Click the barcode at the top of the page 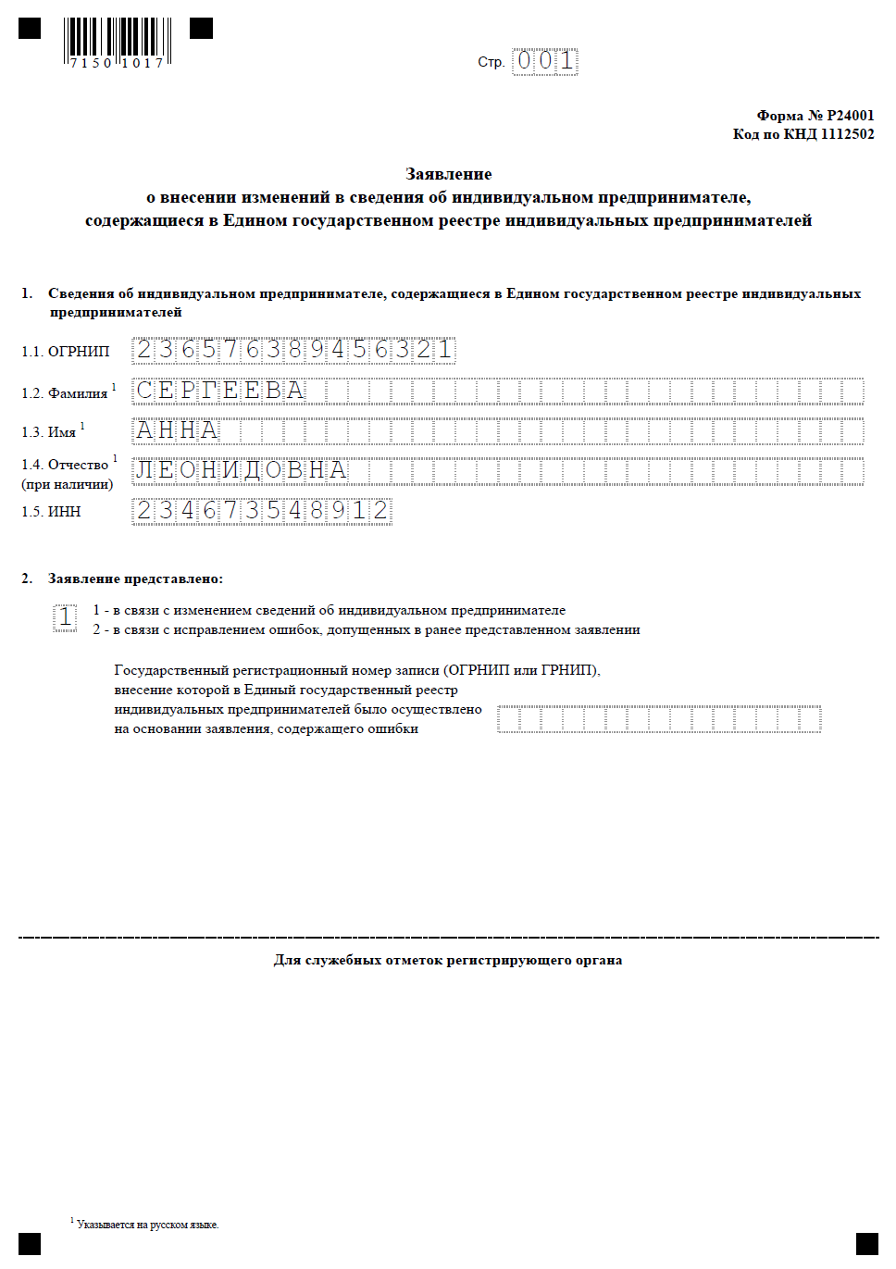[118, 42]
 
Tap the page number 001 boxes [545, 62]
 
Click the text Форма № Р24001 [815, 116]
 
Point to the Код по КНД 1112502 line [803, 134]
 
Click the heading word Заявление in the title [449, 174]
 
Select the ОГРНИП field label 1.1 [66, 352]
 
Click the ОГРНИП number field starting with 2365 [293, 350]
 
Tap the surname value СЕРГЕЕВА [220, 391]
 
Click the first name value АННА [177, 430]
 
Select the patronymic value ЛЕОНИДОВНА [242, 470]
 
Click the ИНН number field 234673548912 [262, 511]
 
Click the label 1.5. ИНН [52, 512]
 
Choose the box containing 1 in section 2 [65, 617]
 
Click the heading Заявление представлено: [135, 579]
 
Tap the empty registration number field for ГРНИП [659, 719]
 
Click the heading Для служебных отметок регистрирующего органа [448, 961]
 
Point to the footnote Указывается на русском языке [147, 1225]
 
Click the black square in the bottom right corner [867, 1243]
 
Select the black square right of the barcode [201, 29]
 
